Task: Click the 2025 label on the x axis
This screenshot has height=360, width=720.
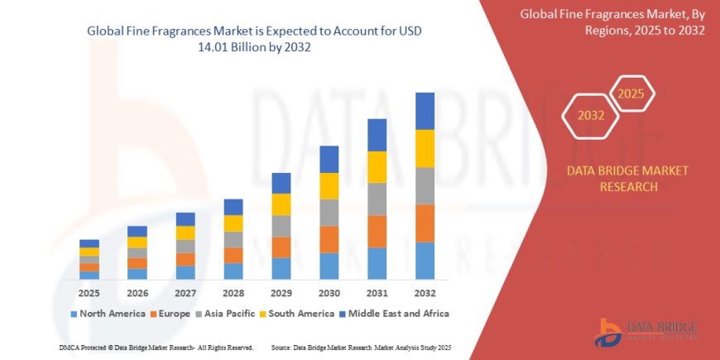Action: pos(89,293)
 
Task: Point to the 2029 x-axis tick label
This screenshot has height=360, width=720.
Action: pos(281,293)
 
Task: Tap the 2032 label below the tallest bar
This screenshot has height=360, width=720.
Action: pos(425,293)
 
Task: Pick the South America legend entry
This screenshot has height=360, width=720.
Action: pos(290,314)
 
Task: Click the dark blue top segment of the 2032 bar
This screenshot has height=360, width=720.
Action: pos(425,111)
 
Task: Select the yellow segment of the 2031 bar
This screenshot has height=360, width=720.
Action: pos(377,167)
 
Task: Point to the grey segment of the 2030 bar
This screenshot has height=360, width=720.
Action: pos(329,213)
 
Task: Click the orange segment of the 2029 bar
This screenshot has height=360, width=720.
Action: pos(281,247)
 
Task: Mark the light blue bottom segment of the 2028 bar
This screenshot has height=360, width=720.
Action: pos(233,271)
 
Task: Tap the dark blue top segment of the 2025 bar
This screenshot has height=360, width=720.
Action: pos(89,243)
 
